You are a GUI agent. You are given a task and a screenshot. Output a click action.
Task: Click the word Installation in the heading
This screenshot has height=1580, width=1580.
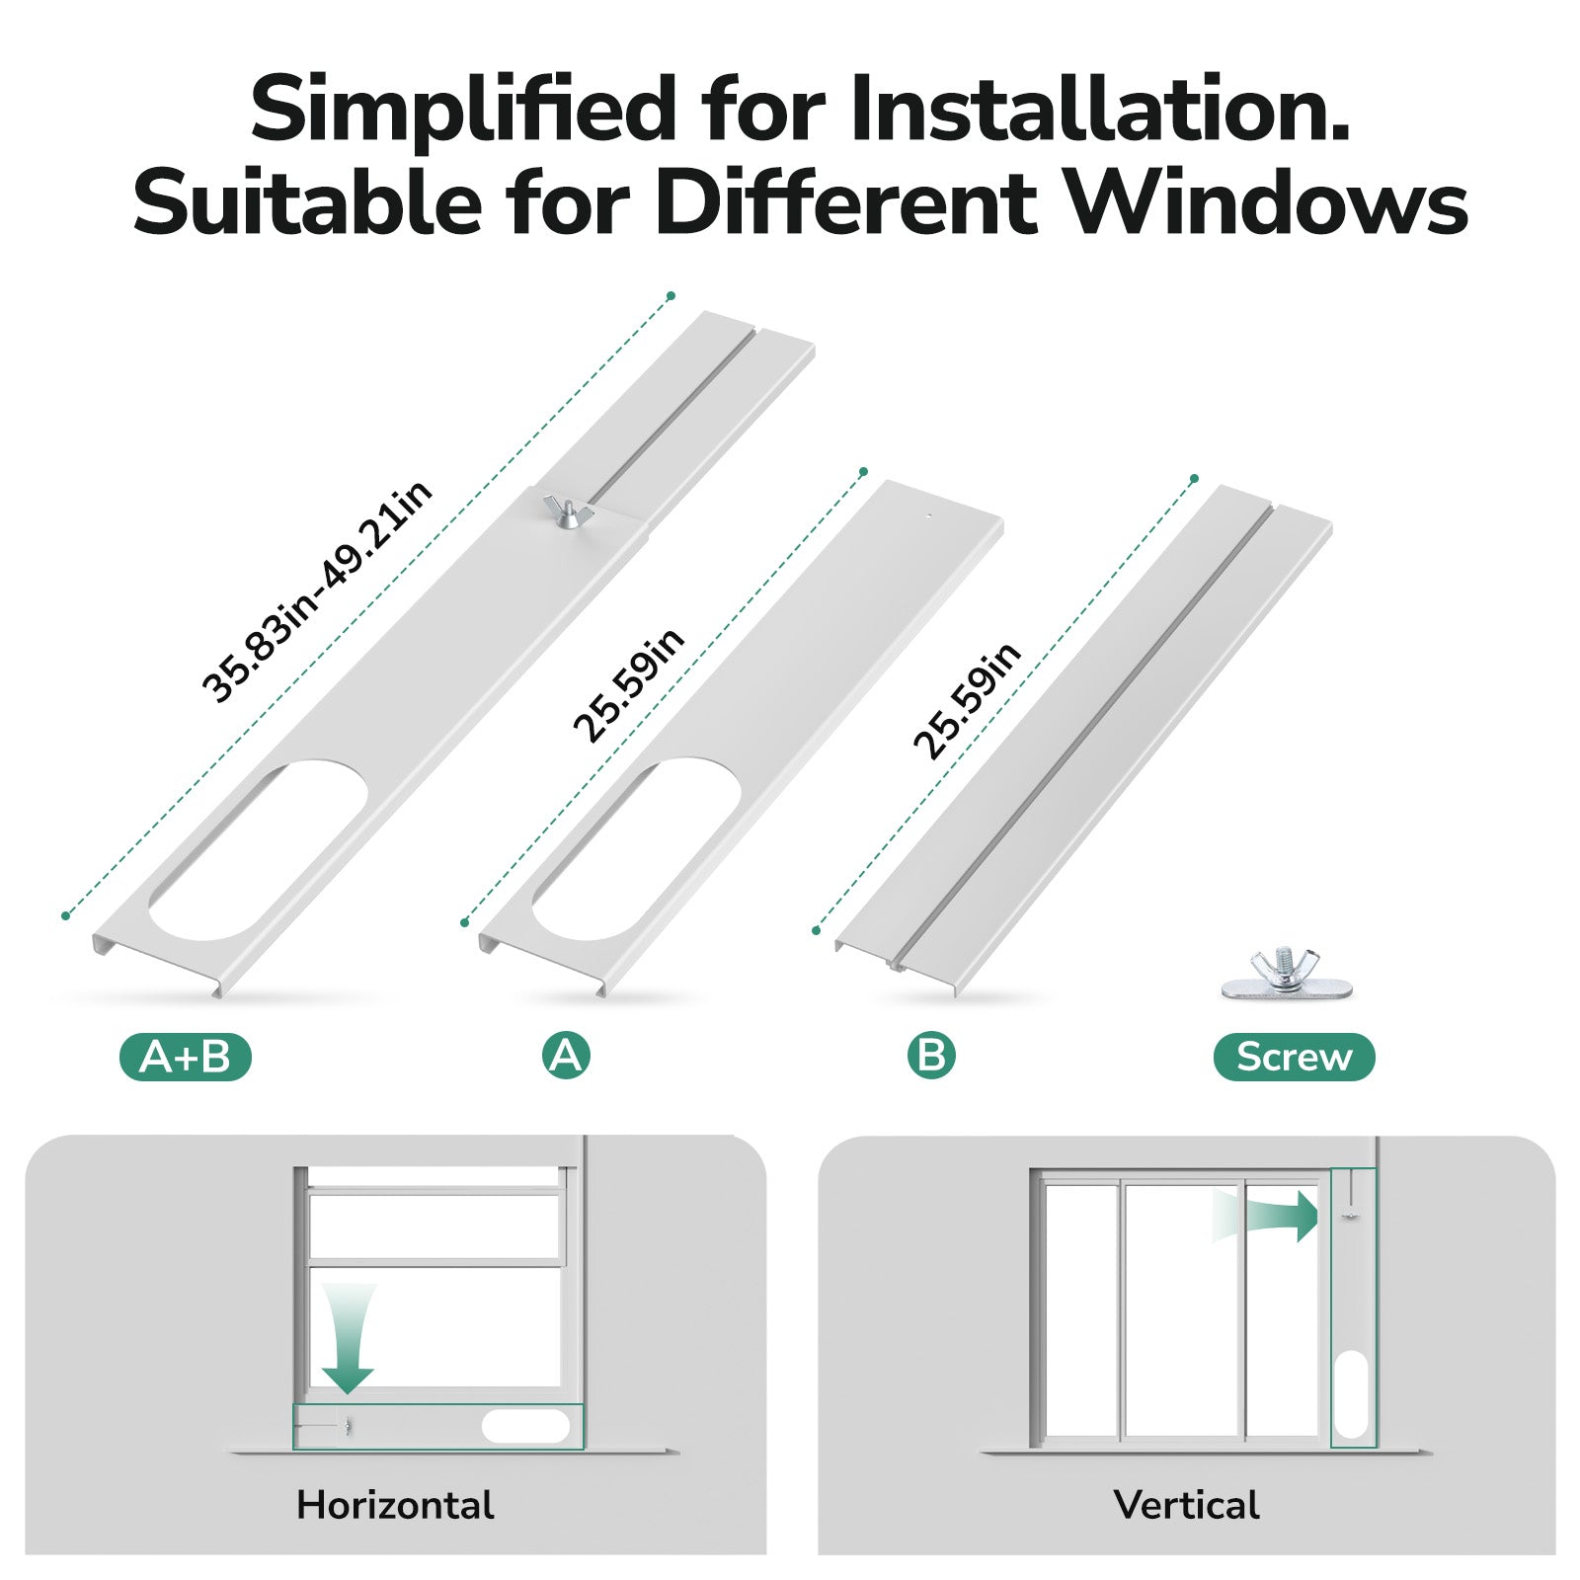pyautogui.click(x=1098, y=109)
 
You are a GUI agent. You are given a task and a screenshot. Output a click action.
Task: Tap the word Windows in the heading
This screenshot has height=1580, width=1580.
pyautogui.click(x=1268, y=203)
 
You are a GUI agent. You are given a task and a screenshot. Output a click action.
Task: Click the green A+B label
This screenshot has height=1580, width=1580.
pyautogui.click(x=186, y=1058)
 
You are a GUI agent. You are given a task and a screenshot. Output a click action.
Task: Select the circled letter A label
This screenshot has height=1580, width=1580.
pyautogui.click(x=566, y=1056)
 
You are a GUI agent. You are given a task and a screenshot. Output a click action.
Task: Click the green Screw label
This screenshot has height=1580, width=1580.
pyautogui.click(x=1294, y=1057)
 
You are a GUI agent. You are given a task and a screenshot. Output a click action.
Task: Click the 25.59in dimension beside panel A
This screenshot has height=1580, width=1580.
pyautogui.click(x=629, y=684)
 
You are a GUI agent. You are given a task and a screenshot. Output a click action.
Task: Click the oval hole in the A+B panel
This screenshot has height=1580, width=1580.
pyautogui.click(x=258, y=850)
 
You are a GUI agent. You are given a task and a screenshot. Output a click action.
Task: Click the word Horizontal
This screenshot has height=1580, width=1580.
pyautogui.click(x=395, y=1505)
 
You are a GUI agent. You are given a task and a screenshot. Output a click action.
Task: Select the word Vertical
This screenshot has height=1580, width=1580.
pyautogui.click(x=1186, y=1505)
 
